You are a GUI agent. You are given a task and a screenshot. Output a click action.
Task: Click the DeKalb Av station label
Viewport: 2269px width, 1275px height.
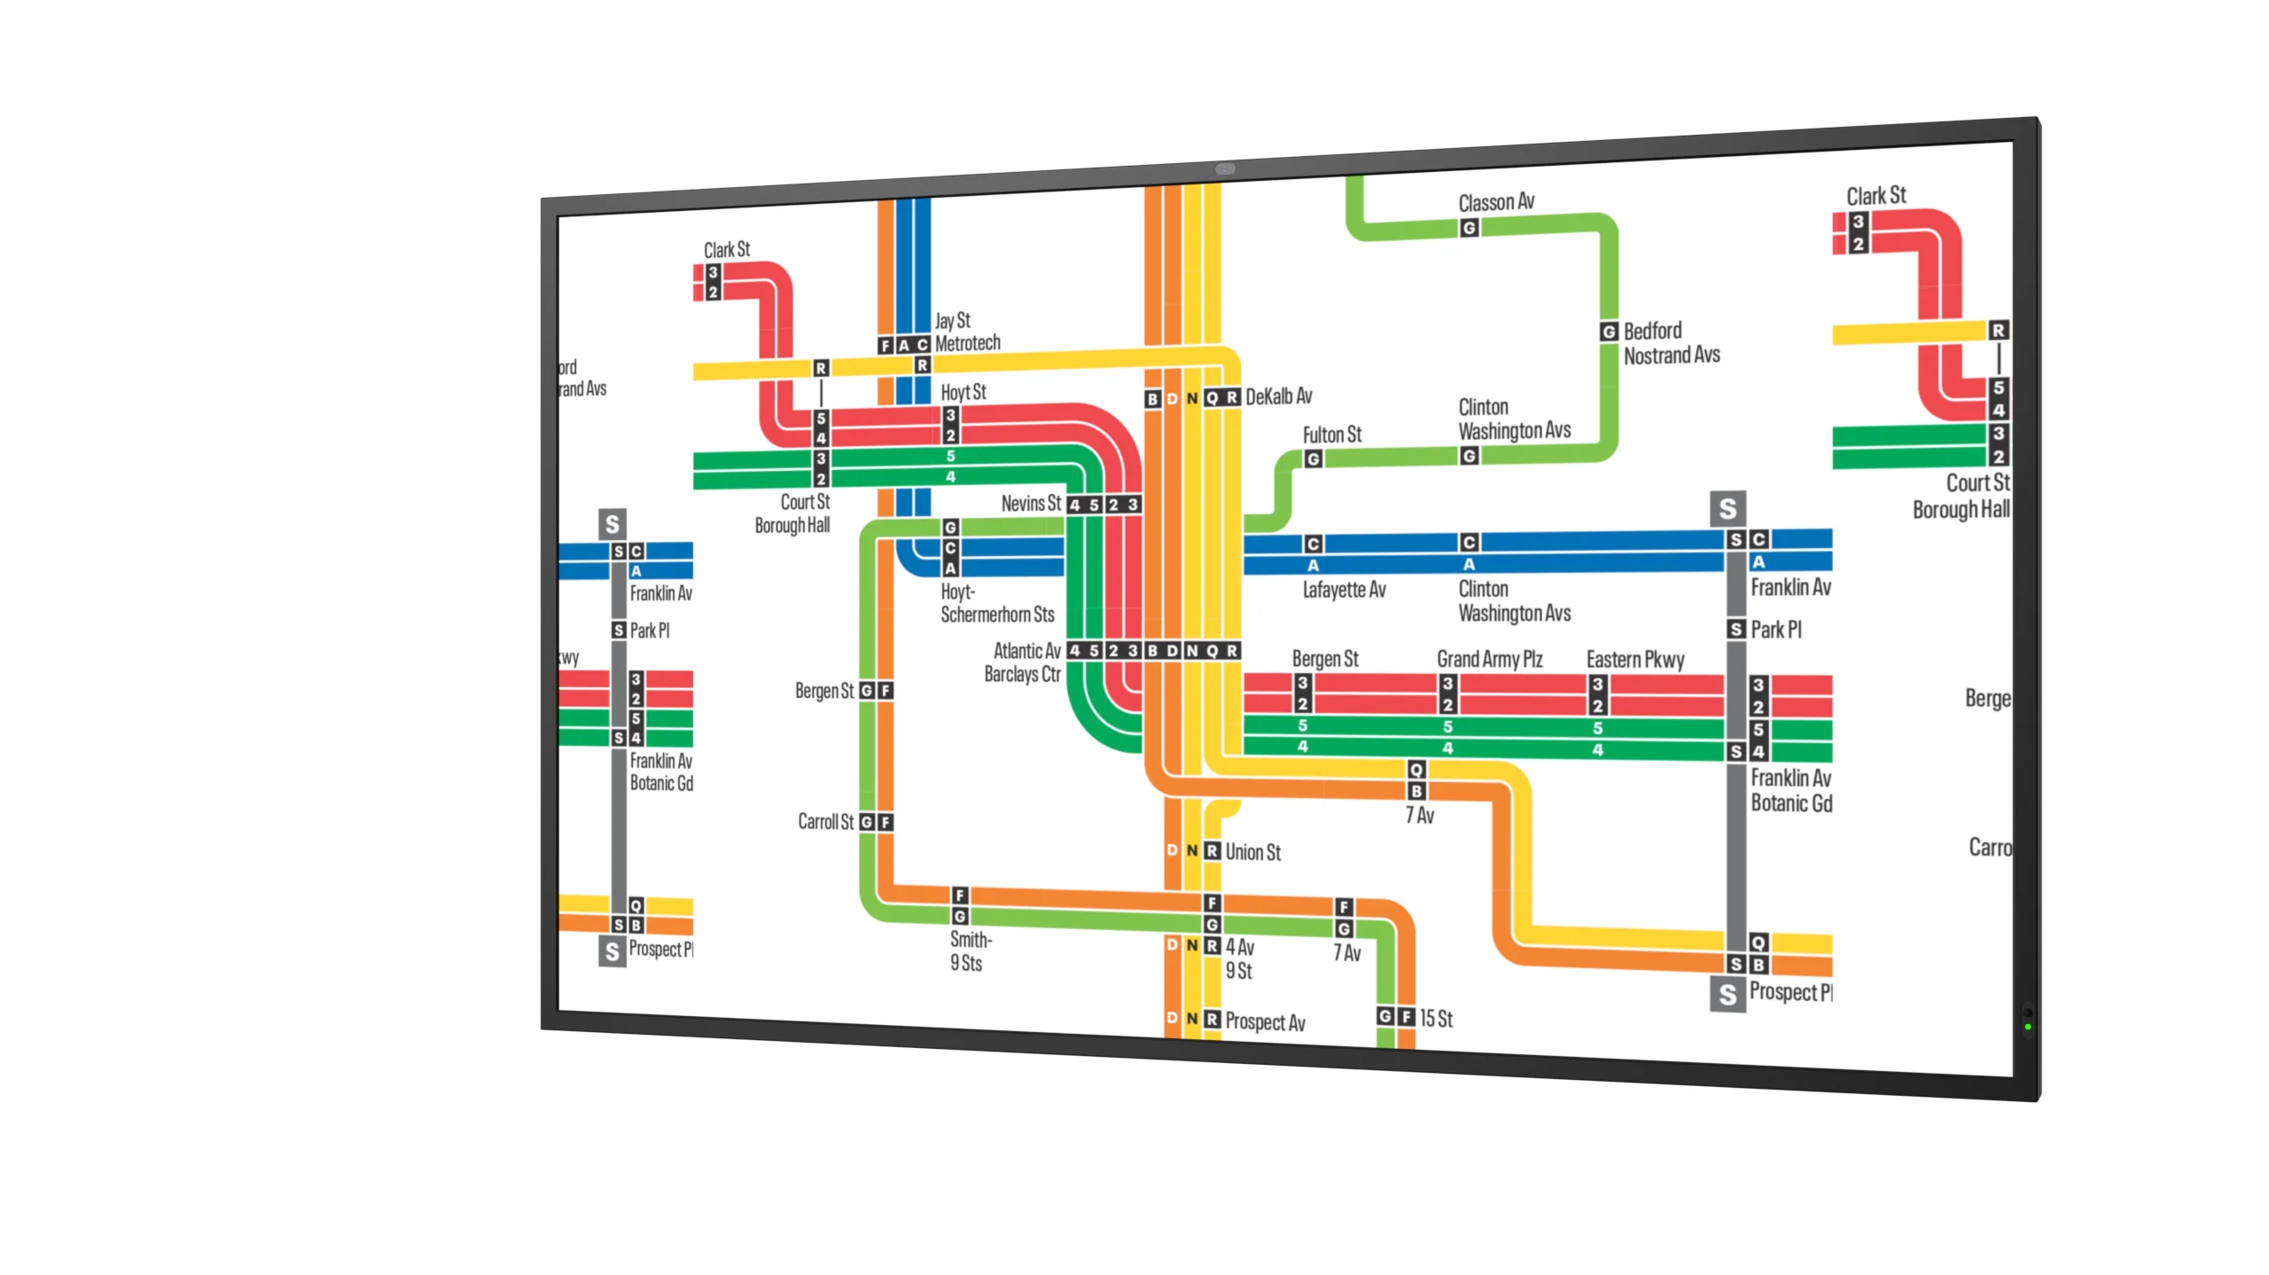pos(1278,396)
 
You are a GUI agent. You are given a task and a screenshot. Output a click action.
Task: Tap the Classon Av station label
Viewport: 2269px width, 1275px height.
pos(1496,202)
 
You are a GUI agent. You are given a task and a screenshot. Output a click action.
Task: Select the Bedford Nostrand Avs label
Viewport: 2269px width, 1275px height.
pos(1671,343)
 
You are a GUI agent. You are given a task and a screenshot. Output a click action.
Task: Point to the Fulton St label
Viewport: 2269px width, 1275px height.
pos(1331,434)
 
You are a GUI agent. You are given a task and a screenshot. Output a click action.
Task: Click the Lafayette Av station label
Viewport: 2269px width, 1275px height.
pos(1344,590)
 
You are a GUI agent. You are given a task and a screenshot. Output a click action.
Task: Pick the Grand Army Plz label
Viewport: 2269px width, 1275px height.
pos(1489,659)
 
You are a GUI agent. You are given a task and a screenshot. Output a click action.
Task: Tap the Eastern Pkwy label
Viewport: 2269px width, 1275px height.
pos(1634,660)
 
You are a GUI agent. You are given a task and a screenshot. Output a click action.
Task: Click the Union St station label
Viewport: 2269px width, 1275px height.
pos(1252,852)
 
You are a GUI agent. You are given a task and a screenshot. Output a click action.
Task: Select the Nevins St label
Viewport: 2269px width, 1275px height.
pos(1031,504)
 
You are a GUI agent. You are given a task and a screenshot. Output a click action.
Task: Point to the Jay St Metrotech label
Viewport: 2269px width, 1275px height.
pos(967,332)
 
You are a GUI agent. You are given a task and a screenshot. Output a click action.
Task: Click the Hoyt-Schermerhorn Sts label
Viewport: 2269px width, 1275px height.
pos(997,603)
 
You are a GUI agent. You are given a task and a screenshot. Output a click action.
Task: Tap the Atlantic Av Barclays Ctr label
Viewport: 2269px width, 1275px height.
pos(1023,662)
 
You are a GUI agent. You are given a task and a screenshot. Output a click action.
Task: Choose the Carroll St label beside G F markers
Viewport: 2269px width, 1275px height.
pos(825,822)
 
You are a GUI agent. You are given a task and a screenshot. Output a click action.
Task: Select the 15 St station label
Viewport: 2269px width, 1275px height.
pos(1436,1019)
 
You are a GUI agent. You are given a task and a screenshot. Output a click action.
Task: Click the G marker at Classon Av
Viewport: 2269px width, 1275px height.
pos(1469,228)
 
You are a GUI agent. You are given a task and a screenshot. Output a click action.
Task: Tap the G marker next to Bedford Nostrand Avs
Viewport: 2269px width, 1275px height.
pos(1609,332)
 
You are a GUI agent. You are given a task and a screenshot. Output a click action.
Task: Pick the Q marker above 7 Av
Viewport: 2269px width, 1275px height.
pos(1416,770)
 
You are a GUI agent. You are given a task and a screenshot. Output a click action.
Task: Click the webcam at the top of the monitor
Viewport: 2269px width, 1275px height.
pos(1225,168)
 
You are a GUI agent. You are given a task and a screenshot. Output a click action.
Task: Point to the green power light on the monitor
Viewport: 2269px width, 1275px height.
pos(2027,1027)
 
